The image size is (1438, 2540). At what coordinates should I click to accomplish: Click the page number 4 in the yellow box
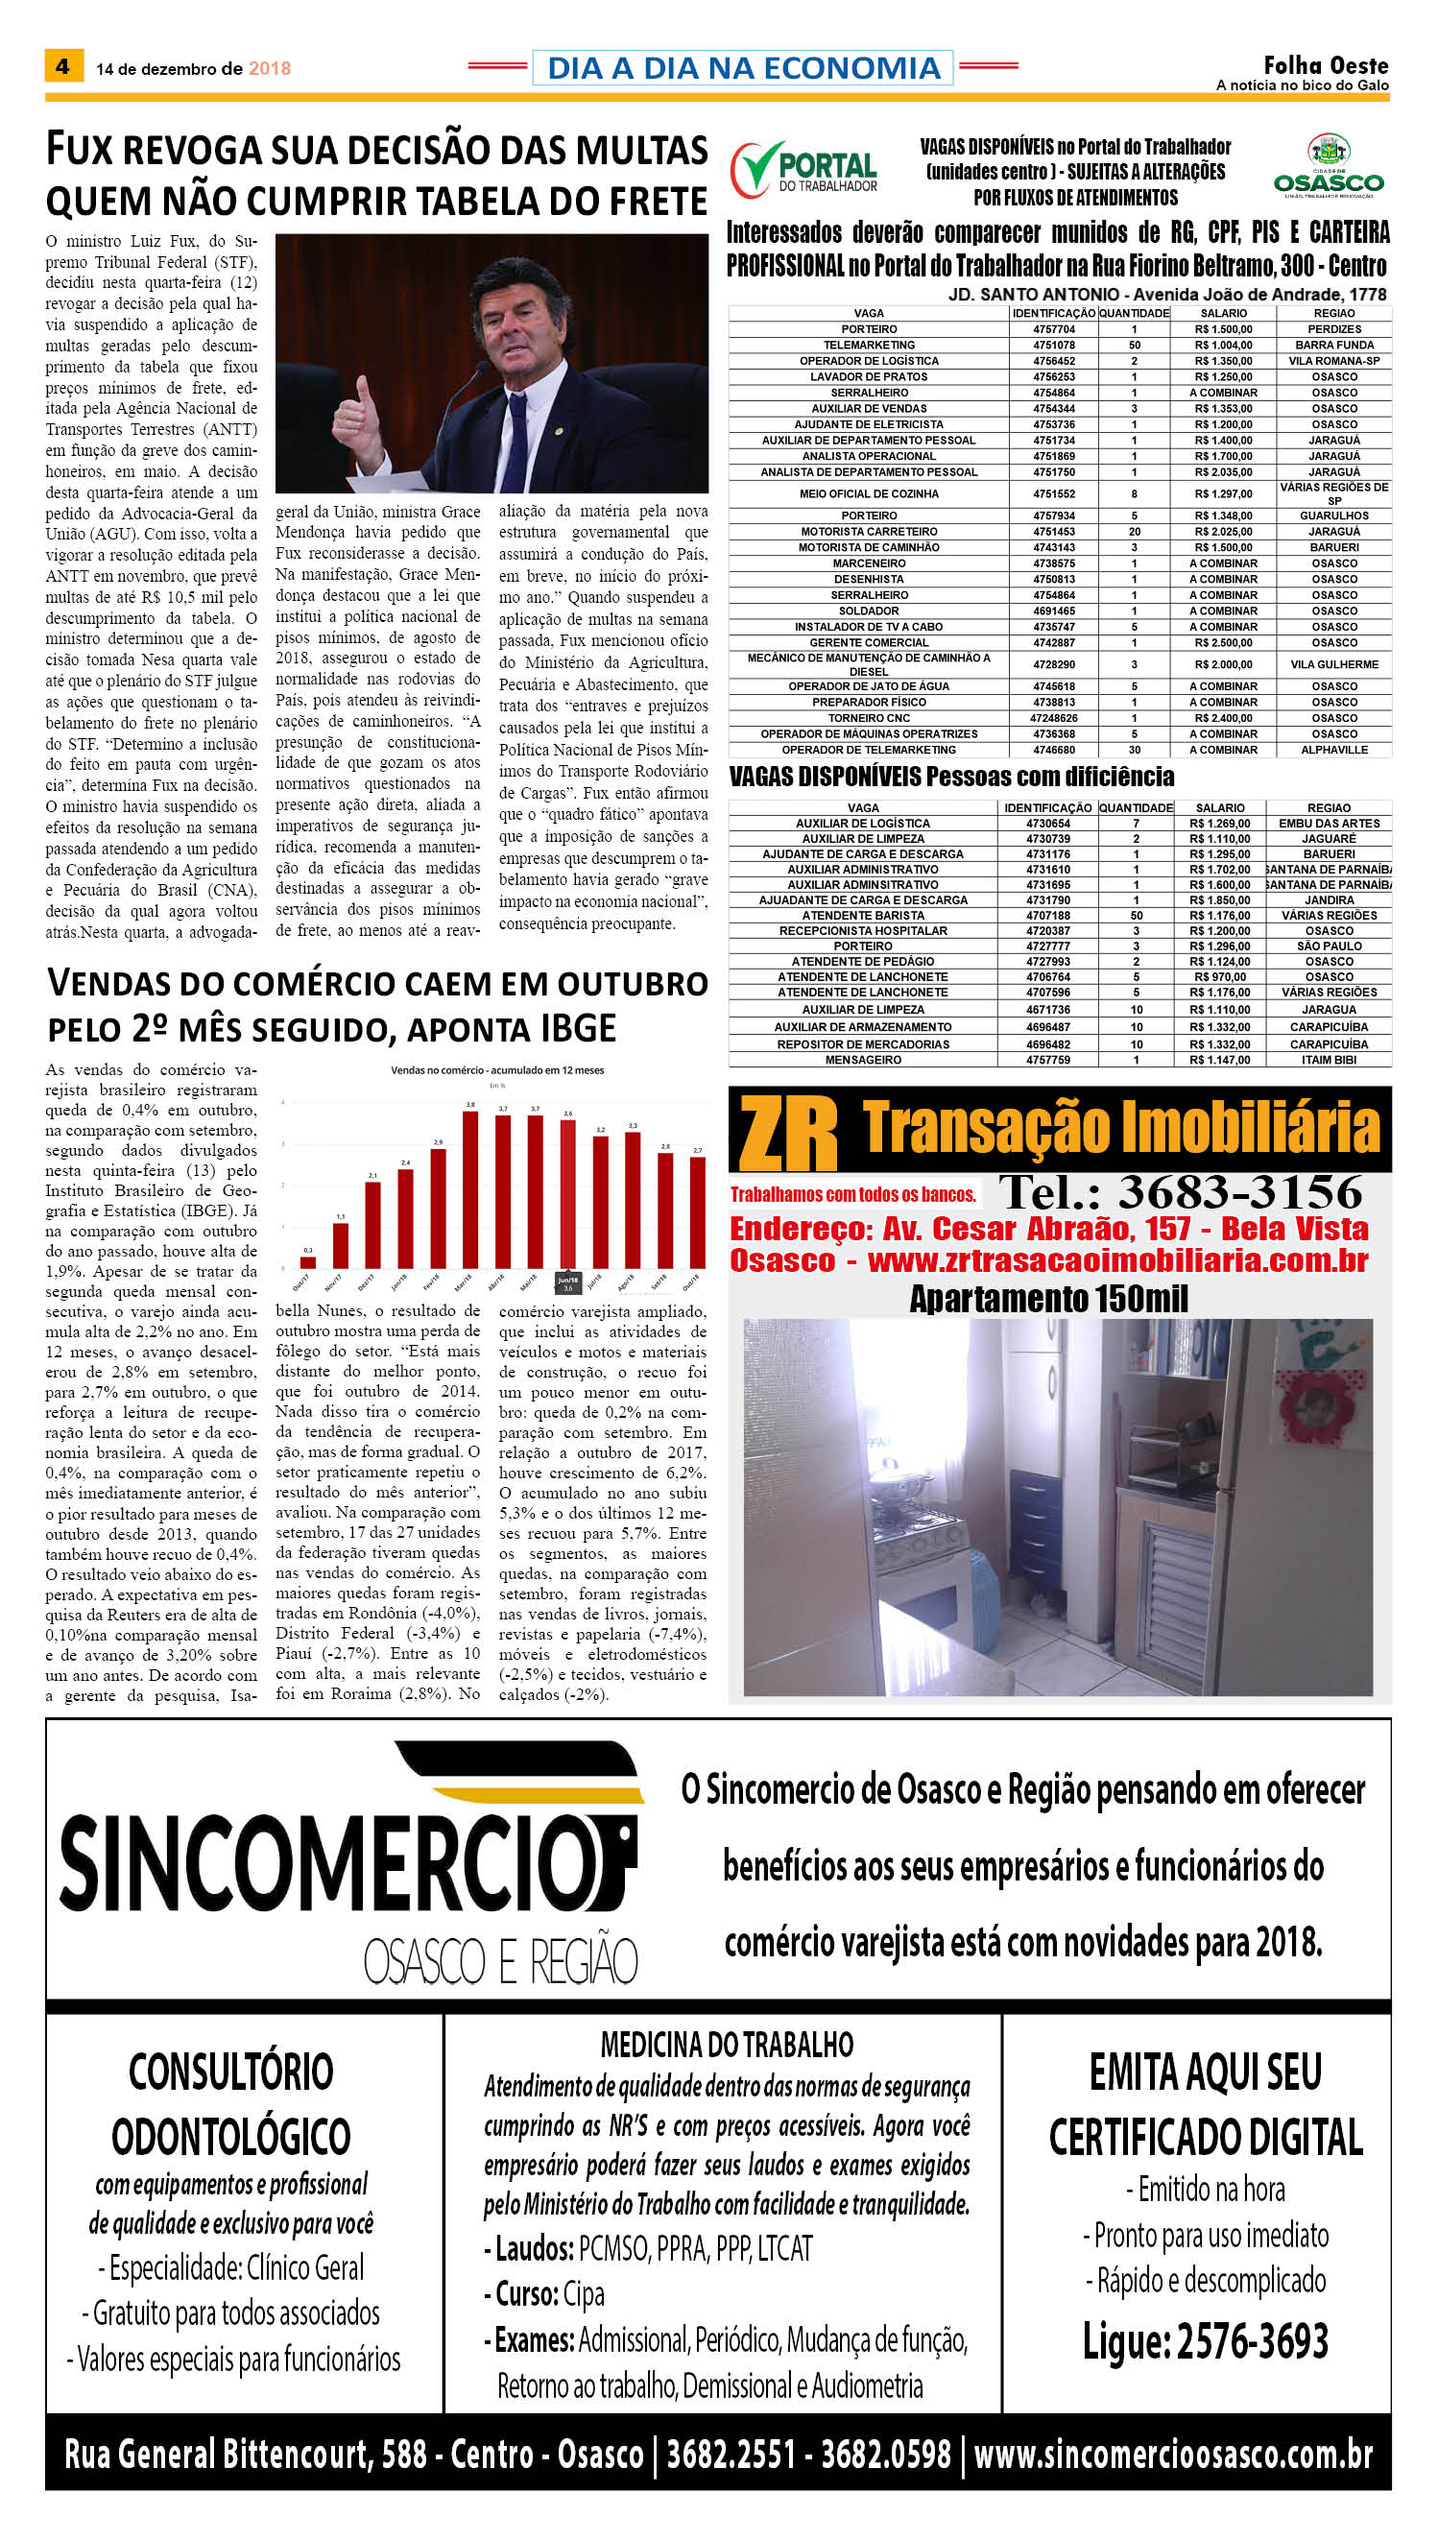[x=62, y=66]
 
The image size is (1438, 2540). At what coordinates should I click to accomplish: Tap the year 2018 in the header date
[x=269, y=68]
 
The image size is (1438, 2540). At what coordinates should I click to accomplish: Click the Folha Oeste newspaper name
[x=1326, y=65]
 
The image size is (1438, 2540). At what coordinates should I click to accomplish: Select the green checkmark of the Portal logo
[x=754, y=168]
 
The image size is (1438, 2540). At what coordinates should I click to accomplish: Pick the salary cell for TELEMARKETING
[x=1223, y=345]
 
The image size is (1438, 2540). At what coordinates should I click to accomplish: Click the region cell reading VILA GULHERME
[x=1333, y=664]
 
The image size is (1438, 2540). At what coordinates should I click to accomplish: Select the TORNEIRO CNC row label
[x=868, y=718]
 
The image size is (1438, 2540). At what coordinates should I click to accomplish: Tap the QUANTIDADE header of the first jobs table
[x=1134, y=313]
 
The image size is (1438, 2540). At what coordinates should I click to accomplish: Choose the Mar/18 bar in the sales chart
[x=470, y=1189]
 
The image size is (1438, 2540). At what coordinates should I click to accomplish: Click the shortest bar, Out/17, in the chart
[x=308, y=1261]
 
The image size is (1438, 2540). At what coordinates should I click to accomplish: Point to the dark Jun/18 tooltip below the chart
[x=568, y=1283]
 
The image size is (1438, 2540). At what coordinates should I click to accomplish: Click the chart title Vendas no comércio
[x=497, y=1069]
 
